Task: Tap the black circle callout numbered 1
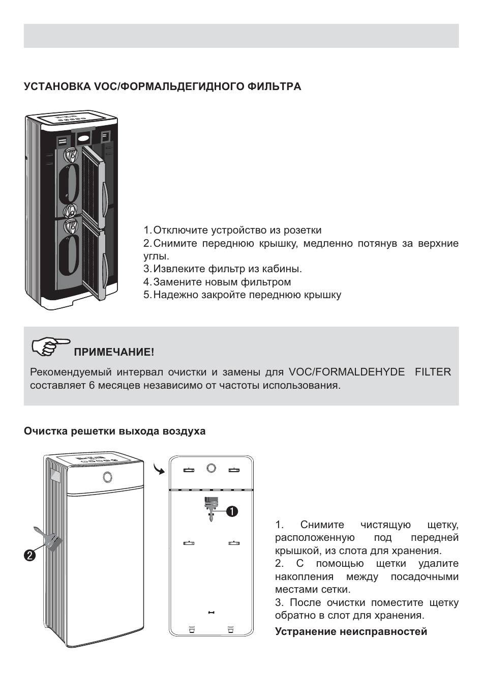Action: [232, 511]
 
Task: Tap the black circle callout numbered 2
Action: [30, 555]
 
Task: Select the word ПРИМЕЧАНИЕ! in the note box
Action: [114, 352]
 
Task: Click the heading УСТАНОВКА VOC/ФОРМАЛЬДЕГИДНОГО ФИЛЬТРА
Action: [162, 87]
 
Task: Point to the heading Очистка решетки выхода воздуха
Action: [114, 431]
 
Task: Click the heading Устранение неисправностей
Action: [351, 632]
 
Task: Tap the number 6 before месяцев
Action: [92, 385]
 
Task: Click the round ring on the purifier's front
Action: [107, 477]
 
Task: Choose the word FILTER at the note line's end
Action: [433, 372]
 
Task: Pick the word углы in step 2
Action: [155, 256]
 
